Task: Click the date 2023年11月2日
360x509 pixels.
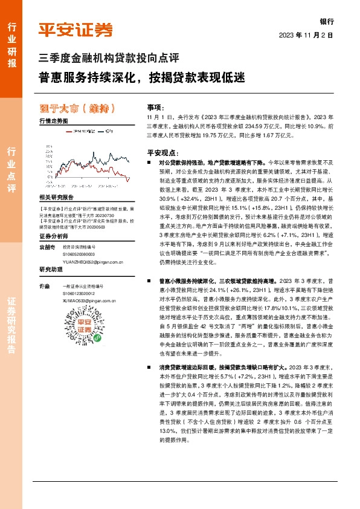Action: click(306, 35)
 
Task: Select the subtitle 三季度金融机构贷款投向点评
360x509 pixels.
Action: click(109, 59)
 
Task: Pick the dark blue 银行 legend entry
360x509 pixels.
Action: click(108, 131)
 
